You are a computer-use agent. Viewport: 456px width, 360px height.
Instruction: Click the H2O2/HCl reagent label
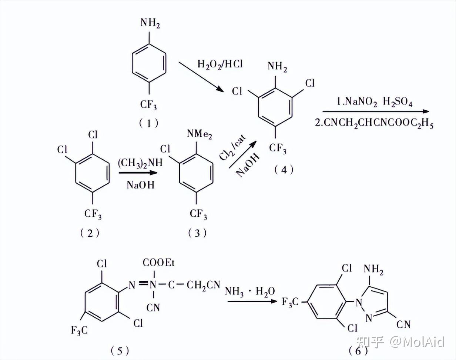point(220,64)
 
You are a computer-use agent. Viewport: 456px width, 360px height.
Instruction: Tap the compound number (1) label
point(149,123)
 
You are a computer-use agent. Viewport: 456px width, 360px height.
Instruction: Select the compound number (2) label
point(90,233)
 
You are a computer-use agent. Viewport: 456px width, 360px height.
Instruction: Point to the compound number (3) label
point(197,233)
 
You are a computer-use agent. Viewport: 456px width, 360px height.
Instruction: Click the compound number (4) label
point(284,169)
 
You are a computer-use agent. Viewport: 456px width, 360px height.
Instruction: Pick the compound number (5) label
point(120,350)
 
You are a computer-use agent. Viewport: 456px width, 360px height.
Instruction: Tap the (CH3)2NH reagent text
point(141,163)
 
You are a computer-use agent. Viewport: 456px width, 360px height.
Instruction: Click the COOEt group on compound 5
point(158,263)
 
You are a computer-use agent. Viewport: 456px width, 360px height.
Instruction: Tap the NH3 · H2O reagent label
point(250,292)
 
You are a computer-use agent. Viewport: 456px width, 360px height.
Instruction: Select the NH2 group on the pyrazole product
point(373,269)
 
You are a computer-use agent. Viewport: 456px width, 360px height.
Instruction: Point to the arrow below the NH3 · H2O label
point(252,301)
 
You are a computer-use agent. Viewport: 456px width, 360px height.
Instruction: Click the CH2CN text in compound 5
point(203,285)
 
